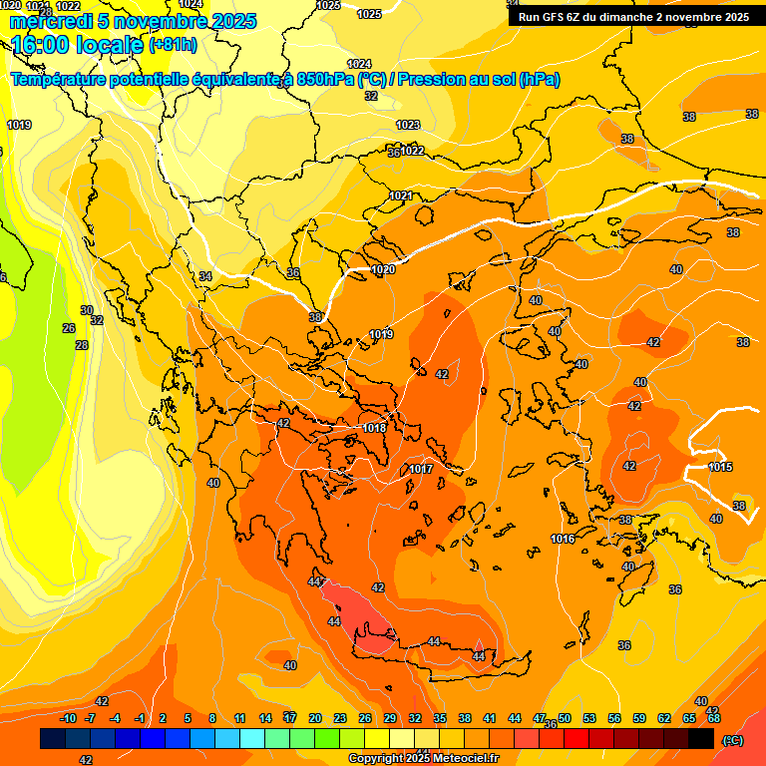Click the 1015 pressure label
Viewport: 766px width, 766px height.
721,467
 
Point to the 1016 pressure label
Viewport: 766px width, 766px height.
563,539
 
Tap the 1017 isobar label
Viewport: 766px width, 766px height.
421,469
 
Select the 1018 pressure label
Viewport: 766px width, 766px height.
375,428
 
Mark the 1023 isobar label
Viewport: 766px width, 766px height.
408,125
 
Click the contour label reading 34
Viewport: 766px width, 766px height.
205,276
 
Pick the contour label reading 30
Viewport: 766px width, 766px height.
87,310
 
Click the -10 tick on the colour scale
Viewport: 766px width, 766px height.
68,718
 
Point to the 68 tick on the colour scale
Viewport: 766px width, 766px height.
714,718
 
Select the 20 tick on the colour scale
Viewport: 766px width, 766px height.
315,718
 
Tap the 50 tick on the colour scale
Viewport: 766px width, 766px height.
565,718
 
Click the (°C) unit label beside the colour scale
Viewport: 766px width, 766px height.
732,740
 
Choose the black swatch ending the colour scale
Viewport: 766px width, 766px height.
701,739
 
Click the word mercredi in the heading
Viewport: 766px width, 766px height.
56,21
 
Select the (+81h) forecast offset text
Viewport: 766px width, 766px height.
173,45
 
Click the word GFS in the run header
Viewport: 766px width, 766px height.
557,17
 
